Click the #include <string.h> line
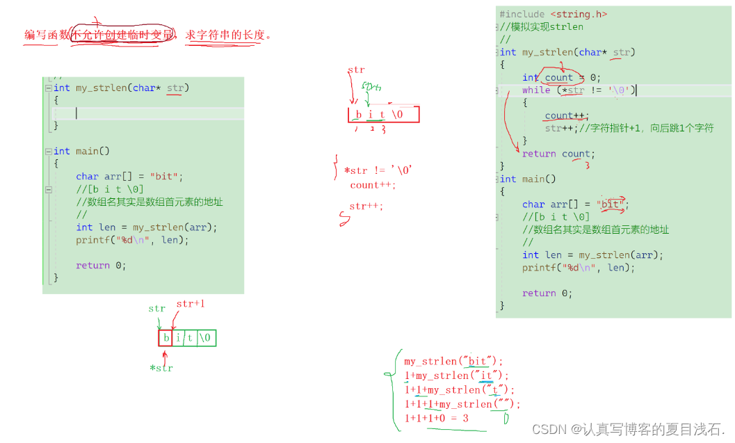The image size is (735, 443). pyautogui.click(x=552, y=14)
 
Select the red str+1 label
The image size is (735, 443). pyautogui.click(x=190, y=304)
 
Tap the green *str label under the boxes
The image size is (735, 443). pyautogui.click(x=161, y=368)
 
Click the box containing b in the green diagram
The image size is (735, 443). pyautogui.click(x=165, y=338)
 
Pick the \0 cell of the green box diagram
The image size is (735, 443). pyautogui.click(x=207, y=338)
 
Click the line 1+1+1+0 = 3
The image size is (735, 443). pyautogui.click(x=436, y=418)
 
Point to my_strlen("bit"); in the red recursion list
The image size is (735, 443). pyautogui.click(x=453, y=361)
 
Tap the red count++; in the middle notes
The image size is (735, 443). pyautogui.click(x=373, y=185)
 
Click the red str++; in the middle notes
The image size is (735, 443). pyautogui.click(x=366, y=207)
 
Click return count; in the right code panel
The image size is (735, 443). pyautogui.click(x=557, y=154)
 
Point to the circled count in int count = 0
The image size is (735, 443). pyautogui.click(x=559, y=77)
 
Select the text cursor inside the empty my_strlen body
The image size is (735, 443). pyautogui.click(x=76, y=113)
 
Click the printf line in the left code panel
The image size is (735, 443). pyautogui.click(x=132, y=240)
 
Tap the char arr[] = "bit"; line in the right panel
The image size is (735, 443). pyautogui.click(x=575, y=204)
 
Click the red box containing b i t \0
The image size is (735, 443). pyautogui.click(x=384, y=115)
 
